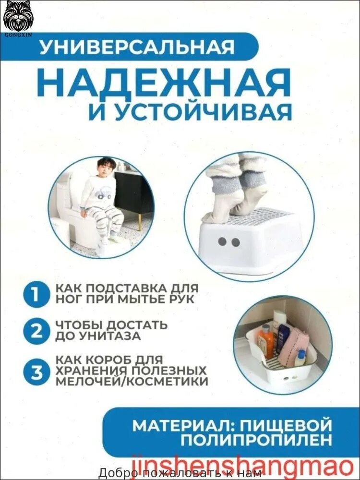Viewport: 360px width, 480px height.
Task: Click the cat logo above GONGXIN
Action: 18,16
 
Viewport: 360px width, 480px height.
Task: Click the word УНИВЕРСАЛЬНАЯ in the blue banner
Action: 137,47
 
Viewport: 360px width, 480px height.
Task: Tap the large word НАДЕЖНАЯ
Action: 166,83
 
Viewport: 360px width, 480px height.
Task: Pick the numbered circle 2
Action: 36,331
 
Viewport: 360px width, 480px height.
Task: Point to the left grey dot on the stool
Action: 223,242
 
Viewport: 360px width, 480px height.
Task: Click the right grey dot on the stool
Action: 235,242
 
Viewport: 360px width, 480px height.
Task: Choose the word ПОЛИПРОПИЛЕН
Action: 256,440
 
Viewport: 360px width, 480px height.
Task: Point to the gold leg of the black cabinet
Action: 139,222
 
